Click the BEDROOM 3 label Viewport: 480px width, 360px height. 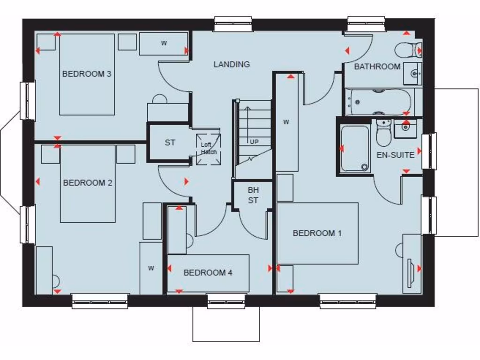click(87, 74)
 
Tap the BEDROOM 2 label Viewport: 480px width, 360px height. click(88, 183)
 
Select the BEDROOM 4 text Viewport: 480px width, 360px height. click(208, 272)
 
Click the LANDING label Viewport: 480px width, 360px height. click(232, 64)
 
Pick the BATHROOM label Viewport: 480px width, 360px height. click(377, 67)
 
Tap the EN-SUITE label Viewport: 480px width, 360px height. click(396, 154)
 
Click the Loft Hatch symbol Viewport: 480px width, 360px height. click(209, 149)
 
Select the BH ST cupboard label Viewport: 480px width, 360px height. click(253, 195)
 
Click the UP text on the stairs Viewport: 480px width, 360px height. click(254, 142)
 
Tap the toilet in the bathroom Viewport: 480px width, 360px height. click(408, 50)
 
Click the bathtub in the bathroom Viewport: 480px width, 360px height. click(379, 102)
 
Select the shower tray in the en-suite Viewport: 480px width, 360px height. click(354, 148)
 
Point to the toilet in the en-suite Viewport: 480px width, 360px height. click(383, 134)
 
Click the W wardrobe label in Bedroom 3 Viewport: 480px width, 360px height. click(164, 44)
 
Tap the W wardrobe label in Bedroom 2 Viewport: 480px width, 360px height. click(151, 268)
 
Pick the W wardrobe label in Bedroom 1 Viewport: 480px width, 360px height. click(286, 122)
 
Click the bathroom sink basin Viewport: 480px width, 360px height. click(413, 74)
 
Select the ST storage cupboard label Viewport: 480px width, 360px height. click(170, 142)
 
